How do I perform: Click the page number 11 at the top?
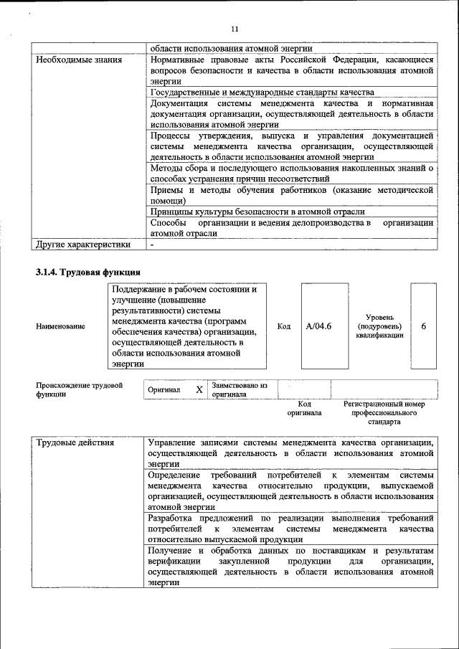coord(234,29)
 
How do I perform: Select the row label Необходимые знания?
coord(80,60)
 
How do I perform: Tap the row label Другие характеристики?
coord(83,245)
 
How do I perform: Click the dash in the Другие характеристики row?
coord(152,245)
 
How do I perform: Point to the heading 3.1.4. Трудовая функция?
coord(87,273)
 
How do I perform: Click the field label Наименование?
coord(60,326)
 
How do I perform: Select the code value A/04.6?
coord(318,326)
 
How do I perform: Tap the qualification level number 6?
coord(423,326)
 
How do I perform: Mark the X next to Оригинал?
coord(199,389)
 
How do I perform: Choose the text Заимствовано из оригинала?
coord(240,389)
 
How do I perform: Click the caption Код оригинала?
coord(304,409)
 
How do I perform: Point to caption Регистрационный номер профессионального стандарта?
coord(384,413)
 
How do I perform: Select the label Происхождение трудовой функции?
coord(79,389)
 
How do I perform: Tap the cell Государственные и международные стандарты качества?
coord(262,93)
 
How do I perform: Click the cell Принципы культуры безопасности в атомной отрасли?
coord(257,212)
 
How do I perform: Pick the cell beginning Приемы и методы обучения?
coord(291,195)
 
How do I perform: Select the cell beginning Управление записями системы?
coord(290,453)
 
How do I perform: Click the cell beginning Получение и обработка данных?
coord(290,566)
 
